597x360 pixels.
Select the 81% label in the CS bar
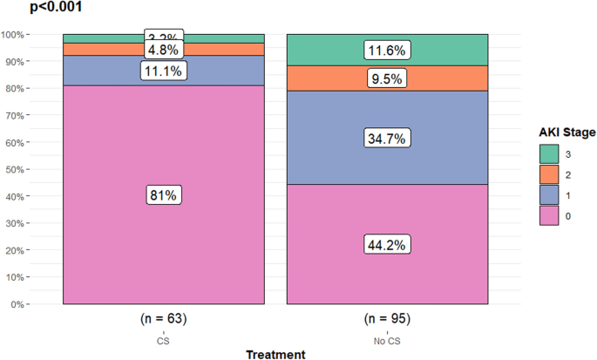(x=163, y=195)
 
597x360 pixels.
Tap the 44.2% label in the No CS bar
(x=387, y=245)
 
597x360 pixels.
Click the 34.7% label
(x=387, y=138)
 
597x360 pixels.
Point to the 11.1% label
(x=163, y=71)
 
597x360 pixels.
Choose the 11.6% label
(x=387, y=51)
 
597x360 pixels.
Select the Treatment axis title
(x=275, y=353)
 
